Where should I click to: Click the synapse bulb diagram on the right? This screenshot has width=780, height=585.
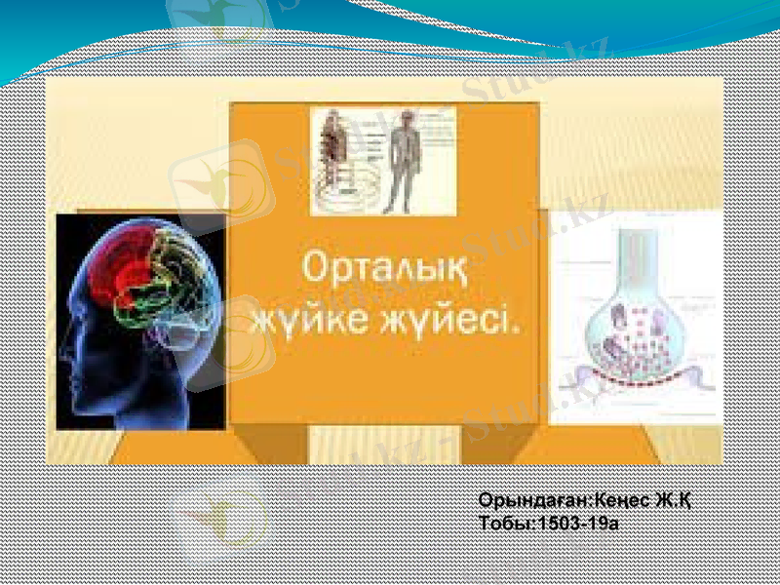click(635, 331)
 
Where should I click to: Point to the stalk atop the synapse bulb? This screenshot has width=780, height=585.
click(633, 253)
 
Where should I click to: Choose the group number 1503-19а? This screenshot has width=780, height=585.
click(576, 523)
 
